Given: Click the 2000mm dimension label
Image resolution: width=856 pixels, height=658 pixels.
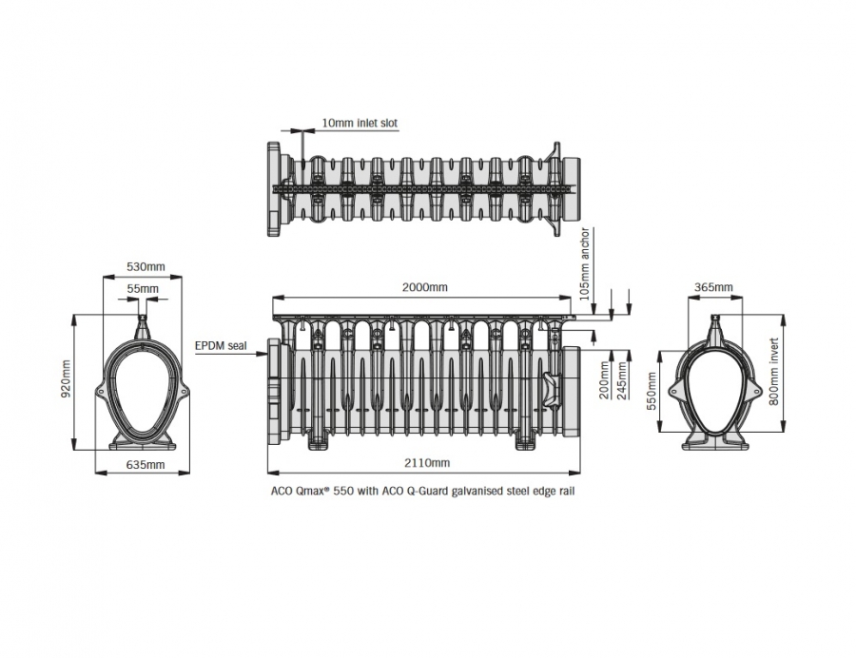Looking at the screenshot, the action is tap(425, 287).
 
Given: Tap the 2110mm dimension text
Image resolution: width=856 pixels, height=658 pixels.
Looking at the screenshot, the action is tap(427, 463).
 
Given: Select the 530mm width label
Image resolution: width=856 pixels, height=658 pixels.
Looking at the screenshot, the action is tap(146, 267).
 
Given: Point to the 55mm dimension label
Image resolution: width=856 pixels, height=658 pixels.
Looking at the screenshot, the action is tap(143, 289).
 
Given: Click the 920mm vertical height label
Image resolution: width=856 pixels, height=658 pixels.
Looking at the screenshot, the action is tap(66, 378).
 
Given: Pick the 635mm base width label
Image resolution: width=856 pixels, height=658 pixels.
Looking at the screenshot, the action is tap(146, 465).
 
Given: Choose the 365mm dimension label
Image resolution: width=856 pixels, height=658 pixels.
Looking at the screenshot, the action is tap(713, 287).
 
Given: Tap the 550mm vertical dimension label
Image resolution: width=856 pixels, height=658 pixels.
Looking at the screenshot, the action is tap(652, 391).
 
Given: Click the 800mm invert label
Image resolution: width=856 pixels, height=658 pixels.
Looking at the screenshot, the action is tap(773, 372).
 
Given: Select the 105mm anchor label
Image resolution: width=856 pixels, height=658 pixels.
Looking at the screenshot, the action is tap(585, 264).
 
